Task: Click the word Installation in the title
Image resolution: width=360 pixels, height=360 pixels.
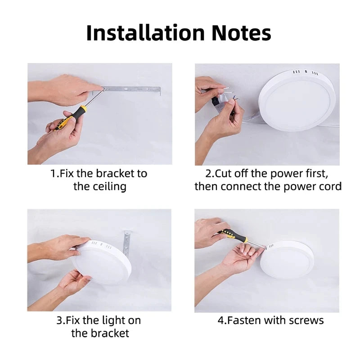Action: [x=144, y=33]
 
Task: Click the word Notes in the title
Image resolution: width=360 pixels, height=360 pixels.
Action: [x=239, y=33]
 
